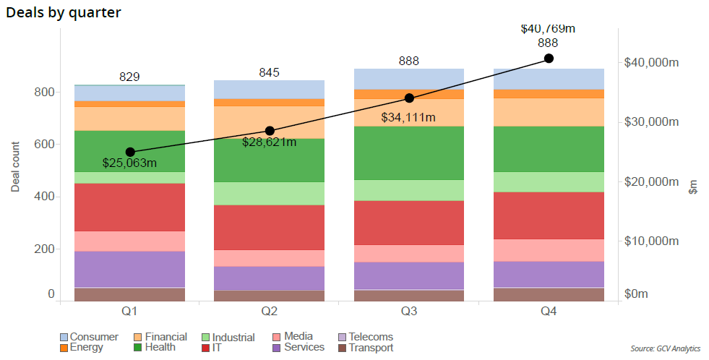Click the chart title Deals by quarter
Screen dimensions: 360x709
pos(64,12)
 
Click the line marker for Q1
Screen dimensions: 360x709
pos(130,152)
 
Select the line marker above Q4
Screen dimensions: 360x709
pos(549,58)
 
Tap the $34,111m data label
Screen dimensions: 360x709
pos(408,117)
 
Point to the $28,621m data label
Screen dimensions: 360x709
pos(270,142)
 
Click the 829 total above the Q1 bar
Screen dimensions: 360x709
pos(130,77)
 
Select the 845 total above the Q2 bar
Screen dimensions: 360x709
pos(269,72)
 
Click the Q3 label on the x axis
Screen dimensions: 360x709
pos(409,312)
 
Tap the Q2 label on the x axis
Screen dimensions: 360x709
pos(270,312)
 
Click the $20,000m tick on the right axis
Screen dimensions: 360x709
pos(651,181)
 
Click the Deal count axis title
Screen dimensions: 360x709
pos(16,167)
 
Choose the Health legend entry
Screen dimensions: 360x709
pos(154,347)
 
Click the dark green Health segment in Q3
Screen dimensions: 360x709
pos(409,153)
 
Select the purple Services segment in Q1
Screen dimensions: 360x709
pos(130,269)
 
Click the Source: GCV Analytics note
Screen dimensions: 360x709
pos(665,348)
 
